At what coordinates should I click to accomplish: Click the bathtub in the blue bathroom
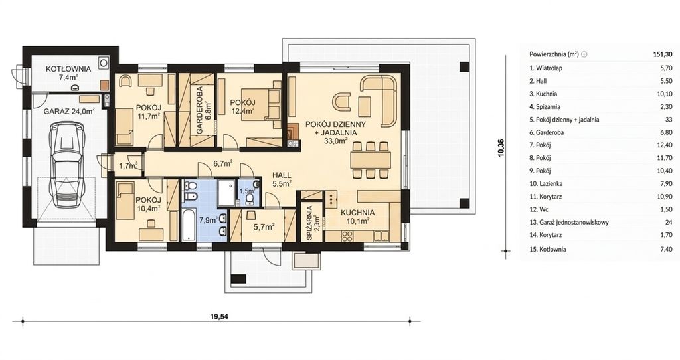[x=190, y=225]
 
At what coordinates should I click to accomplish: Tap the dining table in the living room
[x=370, y=160]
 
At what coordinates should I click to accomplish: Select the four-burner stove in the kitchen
[x=347, y=236]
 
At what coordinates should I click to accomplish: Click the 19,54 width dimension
[x=219, y=316]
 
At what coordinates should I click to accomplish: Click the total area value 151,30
[x=663, y=54]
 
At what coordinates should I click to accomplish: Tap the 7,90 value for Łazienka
[x=666, y=183]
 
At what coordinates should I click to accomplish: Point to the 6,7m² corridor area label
[x=223, y=163]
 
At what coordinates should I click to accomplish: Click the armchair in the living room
[x=343, y=102]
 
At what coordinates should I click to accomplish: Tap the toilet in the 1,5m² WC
[x=250, y=199]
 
